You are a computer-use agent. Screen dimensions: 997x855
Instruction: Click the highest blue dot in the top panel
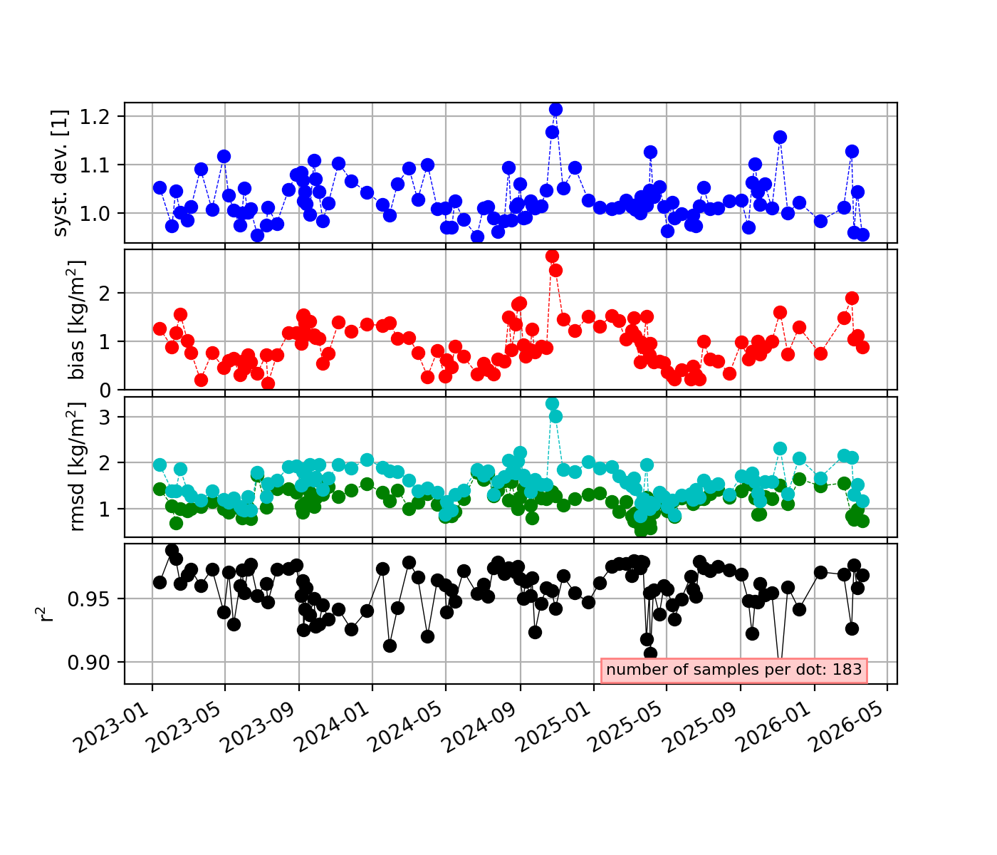tap(555, 110)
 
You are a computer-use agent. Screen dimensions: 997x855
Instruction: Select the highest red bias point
tap(552, 256)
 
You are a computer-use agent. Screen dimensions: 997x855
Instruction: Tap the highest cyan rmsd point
tap(552, 403)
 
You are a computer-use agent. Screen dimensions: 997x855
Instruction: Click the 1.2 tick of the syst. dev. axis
tap(95, 117)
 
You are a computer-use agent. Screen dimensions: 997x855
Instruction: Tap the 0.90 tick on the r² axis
tap(89, 663)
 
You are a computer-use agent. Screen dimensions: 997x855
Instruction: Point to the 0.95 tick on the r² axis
tap(89, 599)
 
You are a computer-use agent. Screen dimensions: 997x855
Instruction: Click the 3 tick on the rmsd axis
tap(105, 417)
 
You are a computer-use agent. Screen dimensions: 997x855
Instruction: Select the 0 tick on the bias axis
tap(105, 390)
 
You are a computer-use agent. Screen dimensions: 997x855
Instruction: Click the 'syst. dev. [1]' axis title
tap(60, 172)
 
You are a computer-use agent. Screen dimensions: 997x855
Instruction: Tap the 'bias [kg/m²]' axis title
tap(75, 319)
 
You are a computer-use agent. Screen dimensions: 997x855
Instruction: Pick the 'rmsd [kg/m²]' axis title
tap(75, 467)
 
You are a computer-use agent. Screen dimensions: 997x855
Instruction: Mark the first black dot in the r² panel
tap(160, 582)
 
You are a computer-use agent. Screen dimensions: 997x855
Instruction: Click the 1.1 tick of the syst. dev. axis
tap(95, 165)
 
